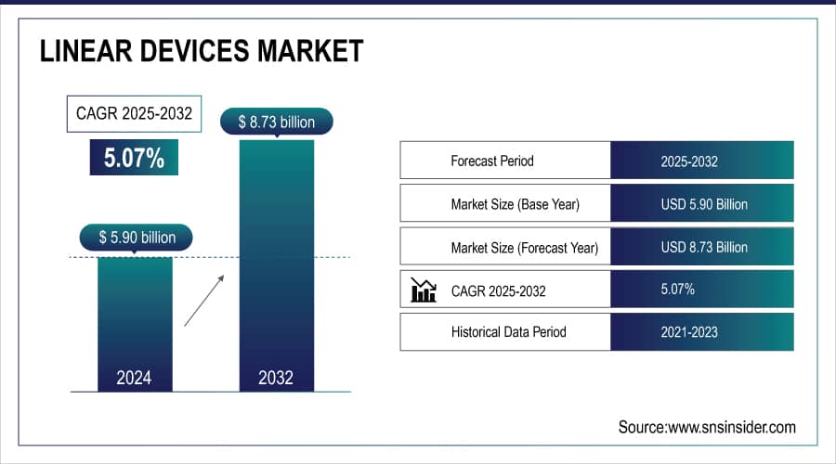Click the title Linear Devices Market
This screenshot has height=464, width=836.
(201, 50)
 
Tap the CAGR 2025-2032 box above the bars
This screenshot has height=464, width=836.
(135, 114)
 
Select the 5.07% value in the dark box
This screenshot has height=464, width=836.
(134, 157)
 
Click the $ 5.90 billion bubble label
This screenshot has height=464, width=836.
(137, 238)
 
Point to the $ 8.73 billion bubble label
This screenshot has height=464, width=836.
(276, 122)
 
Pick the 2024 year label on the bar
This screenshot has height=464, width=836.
(134, 378)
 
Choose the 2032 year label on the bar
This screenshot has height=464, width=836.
(276, 378)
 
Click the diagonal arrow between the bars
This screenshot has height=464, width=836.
(203, 300)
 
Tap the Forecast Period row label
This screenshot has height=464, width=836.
(492, 161)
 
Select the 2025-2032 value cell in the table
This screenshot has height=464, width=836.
(689, 161)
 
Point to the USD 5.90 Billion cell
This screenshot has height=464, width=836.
(703, 204)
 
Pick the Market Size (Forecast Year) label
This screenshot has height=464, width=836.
(524, 248)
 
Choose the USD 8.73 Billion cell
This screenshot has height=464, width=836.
(703, 248)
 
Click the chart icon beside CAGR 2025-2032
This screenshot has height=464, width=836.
(423, 290)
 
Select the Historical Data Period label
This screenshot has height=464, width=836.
(508, 331)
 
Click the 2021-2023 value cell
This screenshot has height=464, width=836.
(689, 331)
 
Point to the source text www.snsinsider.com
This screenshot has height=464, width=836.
(707, 427)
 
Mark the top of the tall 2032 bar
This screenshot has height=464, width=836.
(276, 142)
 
